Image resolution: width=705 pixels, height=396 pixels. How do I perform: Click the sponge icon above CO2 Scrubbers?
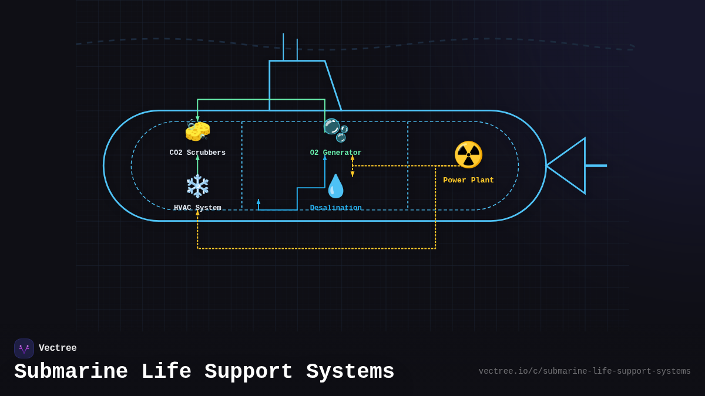coord(197,131)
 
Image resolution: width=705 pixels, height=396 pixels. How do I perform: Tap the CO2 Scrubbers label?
coord(197,153)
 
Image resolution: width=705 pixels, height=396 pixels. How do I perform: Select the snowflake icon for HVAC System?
coord(197,186)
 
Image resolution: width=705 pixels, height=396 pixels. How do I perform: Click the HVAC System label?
coord(197,208)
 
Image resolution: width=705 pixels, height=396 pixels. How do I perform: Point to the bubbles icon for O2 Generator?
coord(335,130)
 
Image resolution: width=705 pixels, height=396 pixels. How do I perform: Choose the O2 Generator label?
coord(335,153)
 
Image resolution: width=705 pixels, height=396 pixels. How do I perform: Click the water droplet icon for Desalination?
coord(335,186)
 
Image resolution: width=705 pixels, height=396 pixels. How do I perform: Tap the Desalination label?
coord(335,208)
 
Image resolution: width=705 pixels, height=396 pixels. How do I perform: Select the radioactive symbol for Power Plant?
coord(468,155)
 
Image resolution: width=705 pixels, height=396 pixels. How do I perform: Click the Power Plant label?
coord(468,181)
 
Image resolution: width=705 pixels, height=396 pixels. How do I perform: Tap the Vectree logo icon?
coord(24,348)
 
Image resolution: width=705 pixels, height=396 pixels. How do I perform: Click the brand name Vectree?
coord(58,348)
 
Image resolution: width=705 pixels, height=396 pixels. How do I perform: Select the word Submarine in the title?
coord(71,372)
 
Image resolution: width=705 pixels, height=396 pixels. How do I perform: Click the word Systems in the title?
coord(350,372)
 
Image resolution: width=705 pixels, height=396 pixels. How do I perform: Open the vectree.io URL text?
coord(584,371)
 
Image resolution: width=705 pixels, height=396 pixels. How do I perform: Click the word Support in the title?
coord(249,372)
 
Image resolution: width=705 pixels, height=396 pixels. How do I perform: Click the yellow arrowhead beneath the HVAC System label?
coord(197,213)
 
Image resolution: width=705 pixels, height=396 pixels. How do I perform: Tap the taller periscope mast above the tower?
coord(283,46)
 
